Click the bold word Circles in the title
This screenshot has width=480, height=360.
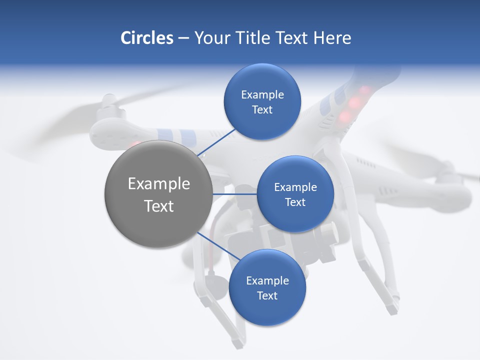(146, 38)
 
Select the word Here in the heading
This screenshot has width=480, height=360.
(332, 38)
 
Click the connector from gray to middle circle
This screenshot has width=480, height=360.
(234, 194)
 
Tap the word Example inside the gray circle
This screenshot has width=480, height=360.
(159, 184)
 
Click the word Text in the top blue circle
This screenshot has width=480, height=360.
(262, 110)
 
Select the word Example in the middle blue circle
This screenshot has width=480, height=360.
(295, 187)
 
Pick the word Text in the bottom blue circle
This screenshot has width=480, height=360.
(267, 296)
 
